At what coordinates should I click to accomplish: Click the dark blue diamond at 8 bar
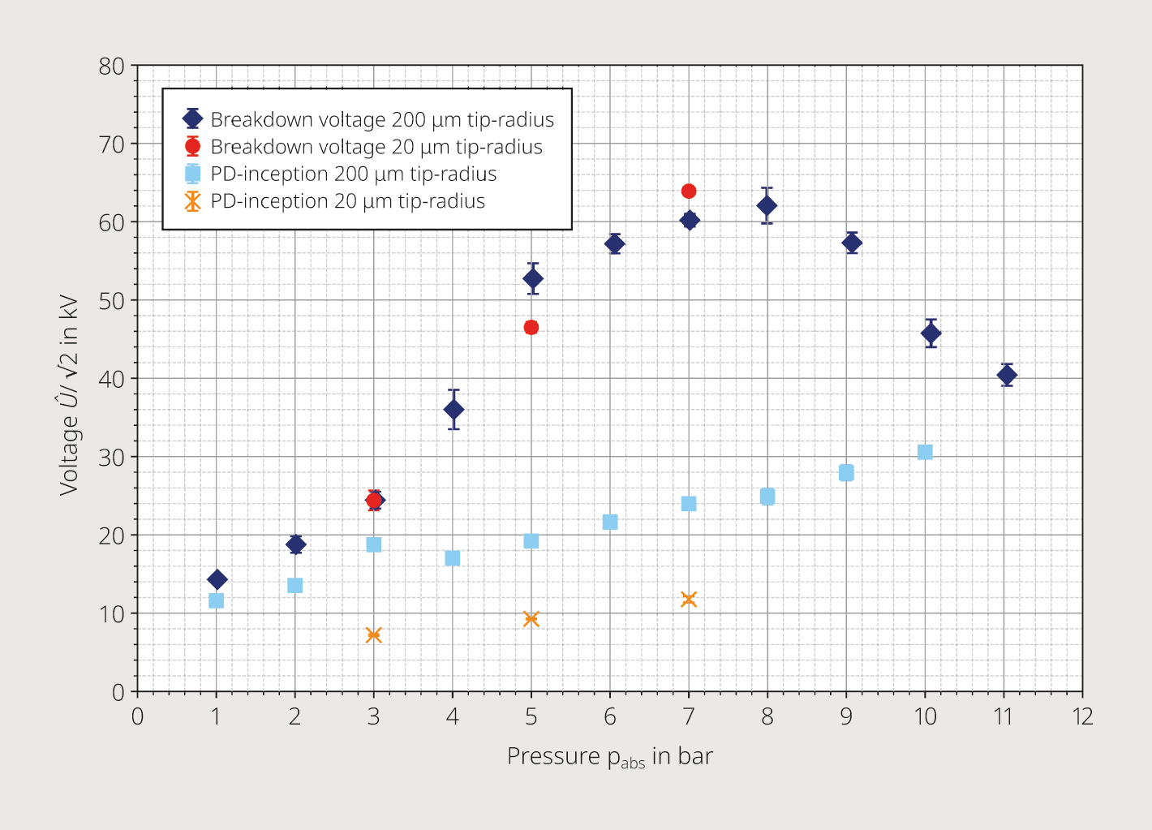click(x=767, y=206)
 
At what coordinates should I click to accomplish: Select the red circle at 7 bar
click(x=689, y=191)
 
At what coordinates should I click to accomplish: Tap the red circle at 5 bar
click(x=531, y=328)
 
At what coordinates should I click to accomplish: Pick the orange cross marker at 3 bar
click(x=374, y=634)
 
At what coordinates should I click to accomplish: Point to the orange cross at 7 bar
click(x=689, y=599)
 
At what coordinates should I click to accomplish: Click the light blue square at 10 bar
click(x=925, y=452)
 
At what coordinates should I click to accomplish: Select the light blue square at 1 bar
click(x=216, y=600)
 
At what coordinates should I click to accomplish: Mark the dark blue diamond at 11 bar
click(x=1007, y=375)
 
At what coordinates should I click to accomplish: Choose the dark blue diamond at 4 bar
click(x=453, y=410)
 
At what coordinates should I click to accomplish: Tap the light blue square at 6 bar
click(x=610, y=522)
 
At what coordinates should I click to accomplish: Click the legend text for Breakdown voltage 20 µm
click(x=376, y=147)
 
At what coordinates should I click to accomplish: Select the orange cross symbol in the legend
click(x=192, y=201)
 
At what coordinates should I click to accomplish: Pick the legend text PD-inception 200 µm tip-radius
click(x=354, y=174)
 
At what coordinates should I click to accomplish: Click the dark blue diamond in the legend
click(x=192, y=118)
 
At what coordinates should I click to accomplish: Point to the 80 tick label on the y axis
click(x=112, y=67)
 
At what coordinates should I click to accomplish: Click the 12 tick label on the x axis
click(x=1082, y=716)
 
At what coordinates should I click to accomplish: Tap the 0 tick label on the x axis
click(x=137, y=716)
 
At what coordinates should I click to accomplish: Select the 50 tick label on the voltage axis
click(x=112, y=301)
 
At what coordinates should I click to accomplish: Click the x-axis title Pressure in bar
click(x=610, y=757)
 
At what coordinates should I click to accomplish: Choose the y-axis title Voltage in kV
click(x=68, y=395)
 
